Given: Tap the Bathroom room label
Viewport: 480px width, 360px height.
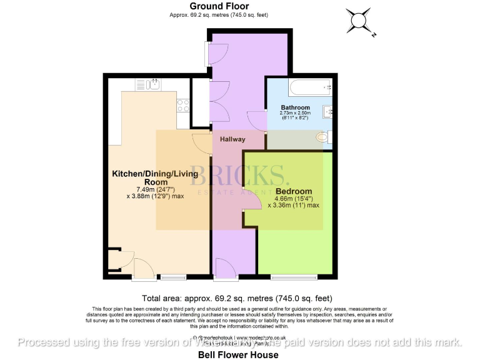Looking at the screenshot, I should [295, 107].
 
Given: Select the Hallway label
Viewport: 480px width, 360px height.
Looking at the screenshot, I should [232, 139].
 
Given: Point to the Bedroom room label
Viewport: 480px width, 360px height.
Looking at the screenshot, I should [293, 191].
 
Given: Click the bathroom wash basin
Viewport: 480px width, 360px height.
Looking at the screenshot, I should [328, 112].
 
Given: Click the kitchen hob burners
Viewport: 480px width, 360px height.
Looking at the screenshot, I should [184, 105].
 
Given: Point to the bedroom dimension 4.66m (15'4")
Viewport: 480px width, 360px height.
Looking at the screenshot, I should [294, 199].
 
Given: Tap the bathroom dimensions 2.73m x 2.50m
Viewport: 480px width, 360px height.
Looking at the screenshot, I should [295, 113].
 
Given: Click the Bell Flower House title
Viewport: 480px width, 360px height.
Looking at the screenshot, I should [240, 354].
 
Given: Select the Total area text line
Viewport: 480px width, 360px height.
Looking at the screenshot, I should [237, 298].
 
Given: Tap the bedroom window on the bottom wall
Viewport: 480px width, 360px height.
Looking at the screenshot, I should [294, 276].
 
